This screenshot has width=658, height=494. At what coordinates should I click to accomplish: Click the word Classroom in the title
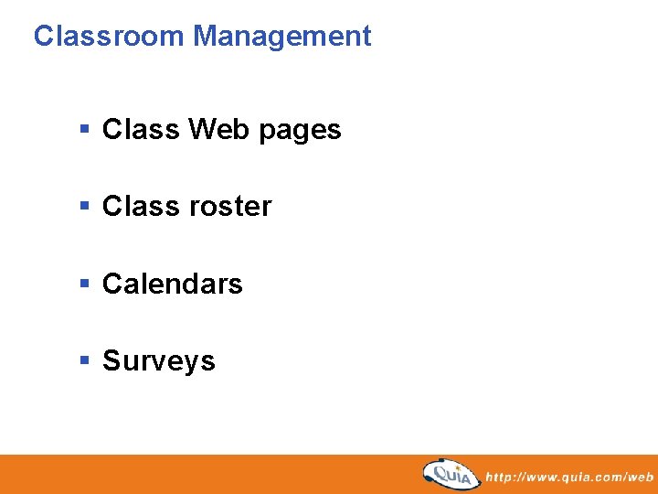click(x=110, y=37)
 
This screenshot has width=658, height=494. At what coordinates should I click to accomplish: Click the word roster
click(x=229, y=207)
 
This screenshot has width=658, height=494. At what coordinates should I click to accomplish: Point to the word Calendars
click(x=173, y=284)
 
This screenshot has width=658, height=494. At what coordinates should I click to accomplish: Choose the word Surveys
click(x=159, y=361)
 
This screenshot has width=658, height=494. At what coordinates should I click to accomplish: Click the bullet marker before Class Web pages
click(x=84, y=130)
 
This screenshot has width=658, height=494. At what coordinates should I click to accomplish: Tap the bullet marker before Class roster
click(x=84, y=207)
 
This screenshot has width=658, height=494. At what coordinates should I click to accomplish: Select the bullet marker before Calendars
click(x=84, y=284)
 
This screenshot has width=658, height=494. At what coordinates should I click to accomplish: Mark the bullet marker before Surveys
click(x=84, y=360)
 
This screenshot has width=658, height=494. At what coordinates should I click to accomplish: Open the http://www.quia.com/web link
click(x=569, y=477)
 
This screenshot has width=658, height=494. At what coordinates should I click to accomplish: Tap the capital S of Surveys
click(x=111, y=360)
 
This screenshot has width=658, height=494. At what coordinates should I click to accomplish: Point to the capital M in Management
click(x=205, y=37)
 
